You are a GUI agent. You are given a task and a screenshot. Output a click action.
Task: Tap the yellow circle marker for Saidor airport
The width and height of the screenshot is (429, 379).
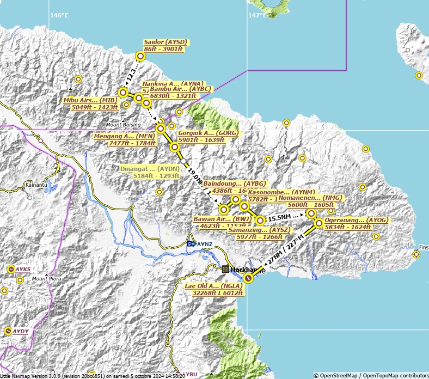pyautogui.click(x=140, y=56)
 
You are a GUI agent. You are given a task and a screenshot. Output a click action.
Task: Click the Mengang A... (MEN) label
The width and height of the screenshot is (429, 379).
pyautogui.click(x=125, y=139)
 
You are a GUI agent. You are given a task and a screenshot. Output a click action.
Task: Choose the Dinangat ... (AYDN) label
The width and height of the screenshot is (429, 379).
pyautogui.click(x=150, y=172)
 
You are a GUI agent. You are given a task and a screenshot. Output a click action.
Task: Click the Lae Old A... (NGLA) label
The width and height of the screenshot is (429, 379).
pyautogui.click(x=214, y=289)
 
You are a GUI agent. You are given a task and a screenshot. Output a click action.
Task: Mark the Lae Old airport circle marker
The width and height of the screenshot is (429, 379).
pyautogui.click(x=248, y=278)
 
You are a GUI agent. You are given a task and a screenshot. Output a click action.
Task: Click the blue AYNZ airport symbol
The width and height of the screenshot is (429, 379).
pyautogui.click(x=191, y=244)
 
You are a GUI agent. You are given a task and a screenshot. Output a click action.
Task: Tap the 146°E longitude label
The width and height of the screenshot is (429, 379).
pyautogui.click(x=59, y=15)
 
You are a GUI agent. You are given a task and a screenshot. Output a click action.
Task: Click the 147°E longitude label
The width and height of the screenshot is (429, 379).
pyautogui.click(x=258, y=15)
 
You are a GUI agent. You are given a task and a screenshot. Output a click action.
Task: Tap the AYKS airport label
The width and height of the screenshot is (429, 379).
pyautogui.click(x=23, y=269)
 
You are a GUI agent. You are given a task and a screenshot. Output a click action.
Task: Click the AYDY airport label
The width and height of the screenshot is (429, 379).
pyautogui.click(x=20, y=331)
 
